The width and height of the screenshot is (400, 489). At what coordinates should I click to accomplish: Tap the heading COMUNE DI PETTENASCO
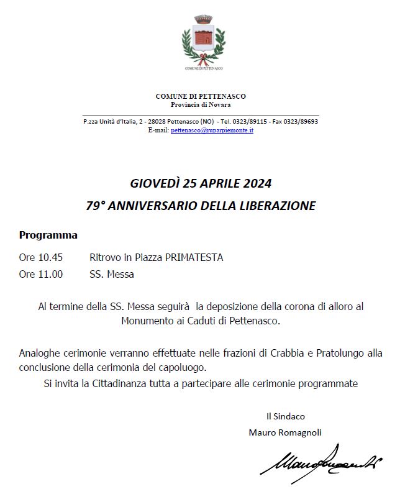click(201, 96)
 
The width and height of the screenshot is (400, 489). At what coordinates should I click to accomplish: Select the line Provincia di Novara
click(201, 104)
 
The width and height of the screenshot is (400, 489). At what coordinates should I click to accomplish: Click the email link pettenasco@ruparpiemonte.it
click(212, 130)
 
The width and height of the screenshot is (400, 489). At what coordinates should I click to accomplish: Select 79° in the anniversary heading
click(96, 206)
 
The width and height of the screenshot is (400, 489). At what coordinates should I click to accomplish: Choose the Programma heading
click(48, 235)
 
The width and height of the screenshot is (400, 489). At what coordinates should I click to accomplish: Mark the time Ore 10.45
click(41, 257)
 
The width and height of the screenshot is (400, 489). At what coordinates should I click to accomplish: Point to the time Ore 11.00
click(41, 274)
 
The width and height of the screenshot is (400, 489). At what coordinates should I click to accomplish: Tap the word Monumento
click(147, 321)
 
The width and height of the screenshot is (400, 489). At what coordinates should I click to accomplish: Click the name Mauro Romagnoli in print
click(285, 432)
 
